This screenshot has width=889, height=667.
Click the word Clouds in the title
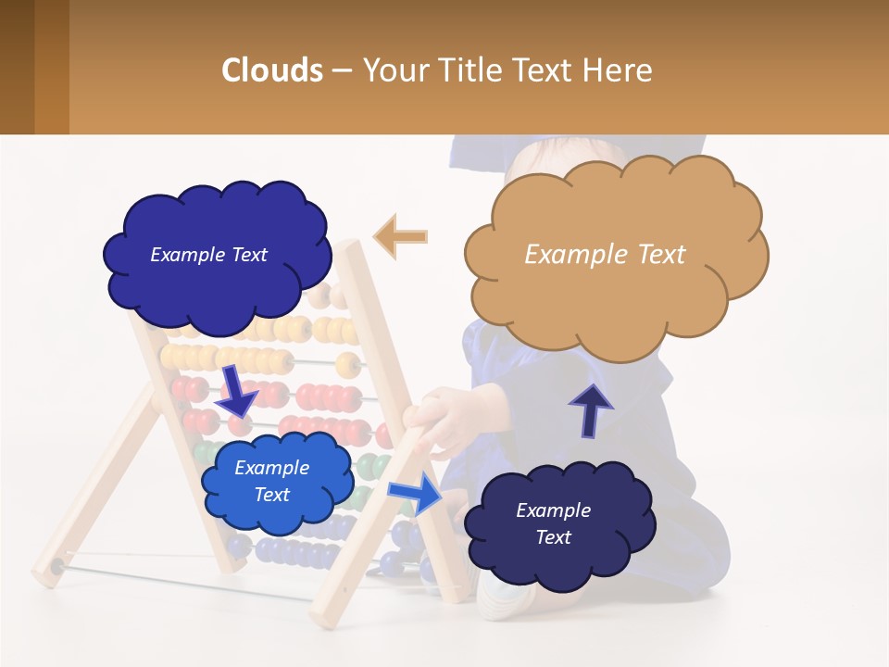tap(272, 70)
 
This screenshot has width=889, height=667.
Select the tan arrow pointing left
tap(400, 236)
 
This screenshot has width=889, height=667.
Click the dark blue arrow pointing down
tap(236, 391)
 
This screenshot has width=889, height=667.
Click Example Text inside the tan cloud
tap(605, 255)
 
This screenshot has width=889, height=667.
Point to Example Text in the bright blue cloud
tap(271, 481)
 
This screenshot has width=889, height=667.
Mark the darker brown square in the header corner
tap(18, 67)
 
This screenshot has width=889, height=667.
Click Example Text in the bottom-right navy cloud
tap(553, 523)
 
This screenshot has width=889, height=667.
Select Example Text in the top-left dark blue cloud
tap(208, 255)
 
